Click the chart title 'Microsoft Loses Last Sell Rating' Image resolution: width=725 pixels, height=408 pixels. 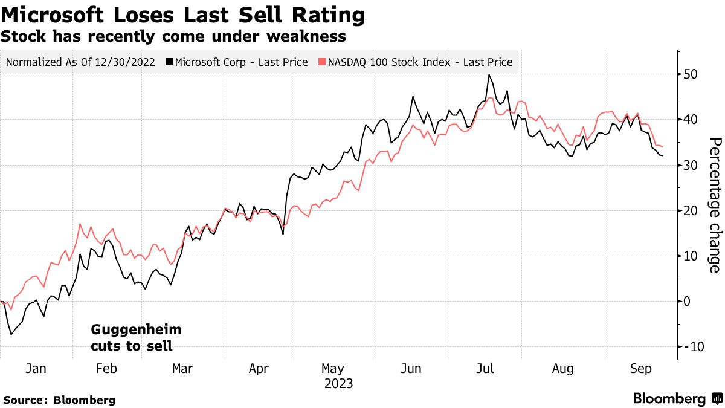click(183, 15)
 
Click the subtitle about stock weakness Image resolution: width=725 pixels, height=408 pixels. click(173, 36)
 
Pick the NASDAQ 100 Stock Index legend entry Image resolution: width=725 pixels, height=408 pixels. click(417, 62)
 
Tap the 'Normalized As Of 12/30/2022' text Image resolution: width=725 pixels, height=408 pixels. click(80, 62)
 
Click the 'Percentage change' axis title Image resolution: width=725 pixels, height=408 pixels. click(714, 205)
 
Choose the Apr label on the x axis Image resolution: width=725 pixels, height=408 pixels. click(259, 369)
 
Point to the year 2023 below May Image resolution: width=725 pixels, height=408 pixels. click(338, 384)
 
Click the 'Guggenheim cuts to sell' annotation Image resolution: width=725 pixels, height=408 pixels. click(135, 338)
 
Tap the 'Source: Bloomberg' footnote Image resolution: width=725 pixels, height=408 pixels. click(59, 400)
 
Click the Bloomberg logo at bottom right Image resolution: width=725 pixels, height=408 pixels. click(677, 398)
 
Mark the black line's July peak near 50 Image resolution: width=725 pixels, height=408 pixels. click(488, 74)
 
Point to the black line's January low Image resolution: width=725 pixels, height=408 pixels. click(10, 334)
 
